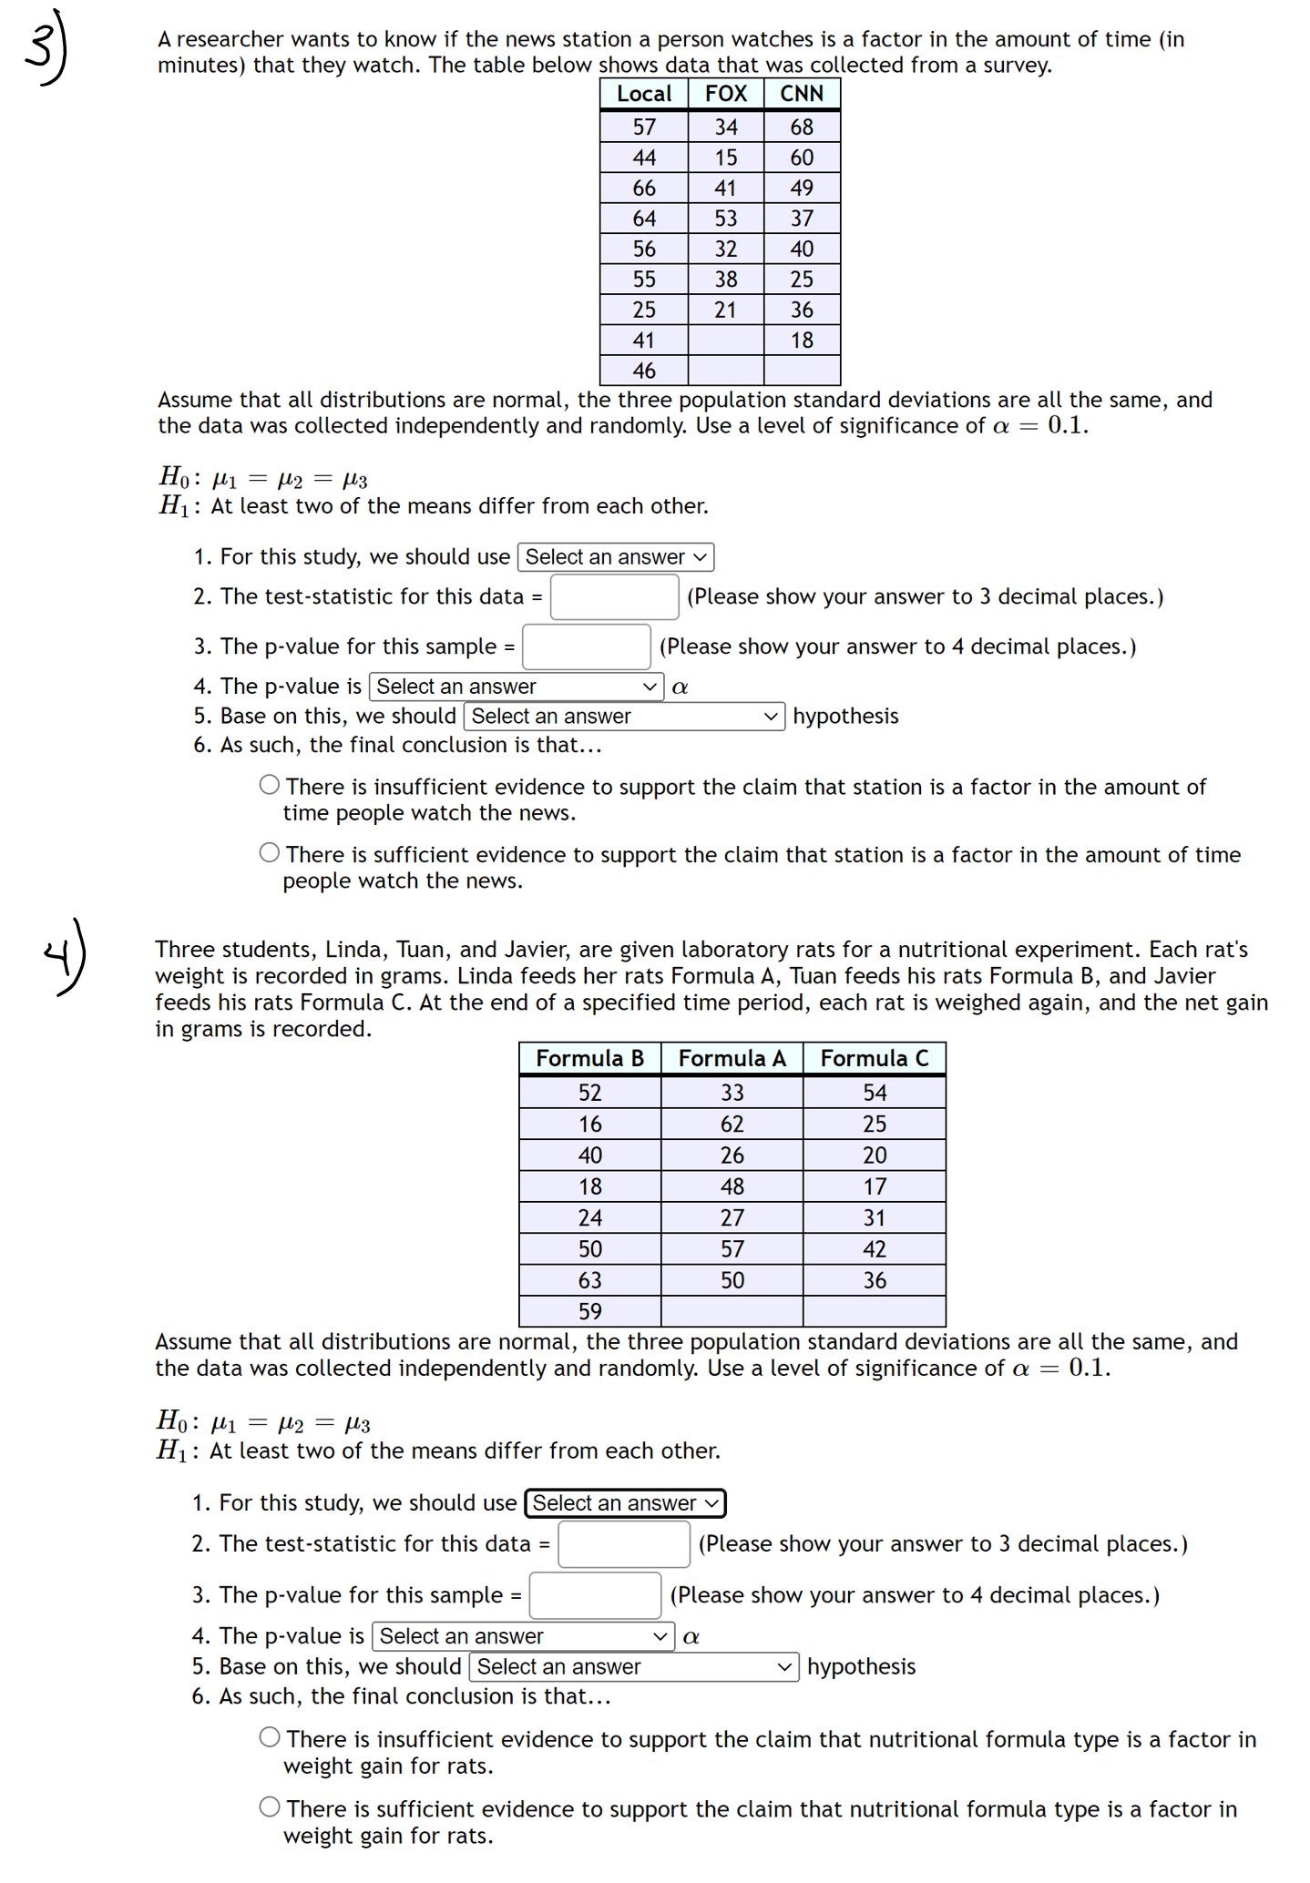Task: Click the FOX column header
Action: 725,94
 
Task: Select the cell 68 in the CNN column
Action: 802,127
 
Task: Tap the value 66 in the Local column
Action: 644,188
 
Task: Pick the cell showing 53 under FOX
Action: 725,219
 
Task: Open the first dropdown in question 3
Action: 615,557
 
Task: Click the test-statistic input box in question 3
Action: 614,597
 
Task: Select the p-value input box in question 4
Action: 595,1595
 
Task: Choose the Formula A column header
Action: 732,1058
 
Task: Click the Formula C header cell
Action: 874,1058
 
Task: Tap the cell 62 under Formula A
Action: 732,1125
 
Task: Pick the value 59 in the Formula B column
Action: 589,1312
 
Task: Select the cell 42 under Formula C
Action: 874,1249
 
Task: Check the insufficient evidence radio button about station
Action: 269,785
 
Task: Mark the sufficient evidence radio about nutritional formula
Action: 269,1807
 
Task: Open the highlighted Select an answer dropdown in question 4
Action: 625,1503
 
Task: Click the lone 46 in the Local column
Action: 644,371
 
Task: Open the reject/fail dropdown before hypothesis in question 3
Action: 624,717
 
